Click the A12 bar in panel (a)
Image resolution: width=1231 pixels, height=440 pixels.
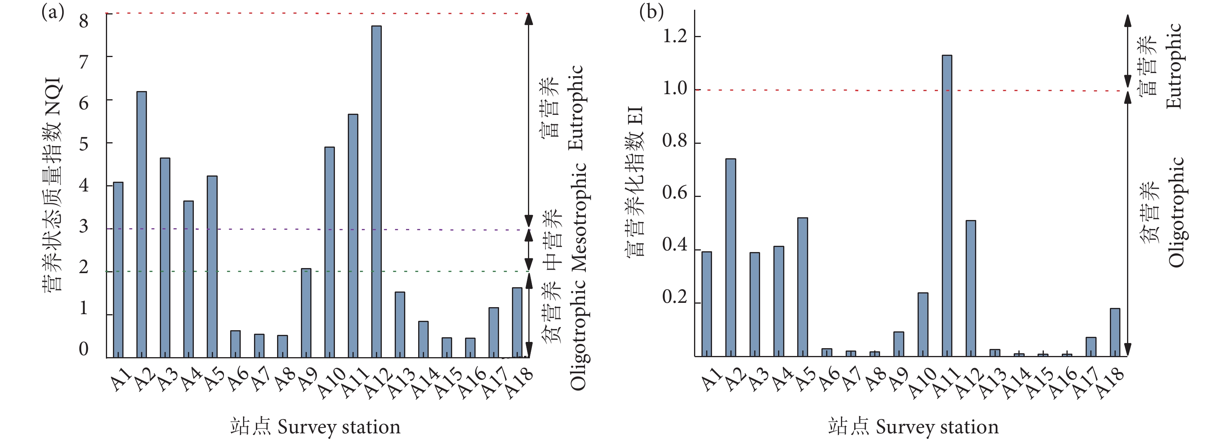pos(377,191)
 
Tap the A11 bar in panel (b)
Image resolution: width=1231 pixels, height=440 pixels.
pos(947,206)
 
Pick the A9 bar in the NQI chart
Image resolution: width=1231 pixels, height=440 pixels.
pos(306,313)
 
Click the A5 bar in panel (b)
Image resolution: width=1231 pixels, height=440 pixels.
pos(803,287)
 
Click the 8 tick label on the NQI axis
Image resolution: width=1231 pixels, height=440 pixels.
pos(84,21)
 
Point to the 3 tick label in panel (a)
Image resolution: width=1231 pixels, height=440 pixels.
pos(84,226)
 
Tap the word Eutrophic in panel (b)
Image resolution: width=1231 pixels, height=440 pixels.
pos(1174,66)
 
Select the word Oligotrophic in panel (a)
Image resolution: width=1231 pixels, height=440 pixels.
pos(578,334)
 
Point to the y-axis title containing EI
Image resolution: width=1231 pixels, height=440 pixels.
pos(635,182)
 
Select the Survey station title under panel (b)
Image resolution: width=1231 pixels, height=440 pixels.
pos(913,426)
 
